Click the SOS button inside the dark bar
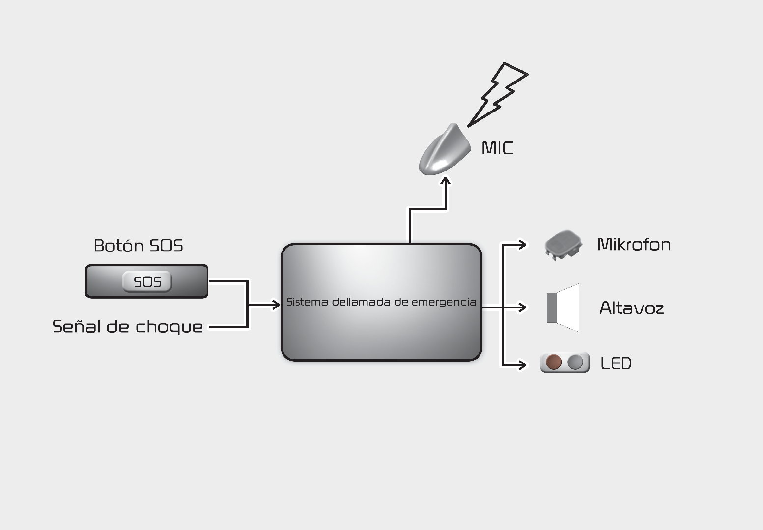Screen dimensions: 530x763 pyautogui.click(x=147, y=282)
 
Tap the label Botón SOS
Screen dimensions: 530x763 pyautogui.click(x=138, y=246)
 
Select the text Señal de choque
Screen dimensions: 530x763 pyautogui.click(x=127, y=327)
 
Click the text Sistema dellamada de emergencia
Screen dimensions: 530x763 pyautogui.click(x=381, y=302)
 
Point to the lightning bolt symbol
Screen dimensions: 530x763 pyautogui.click(x=498, y=93)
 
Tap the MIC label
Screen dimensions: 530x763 pyautogui.click(x=497, y=148)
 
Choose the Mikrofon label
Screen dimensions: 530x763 pyautogui.click(x=634, y=244)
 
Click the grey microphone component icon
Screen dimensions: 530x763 pyautogui.click(x=563, y=244)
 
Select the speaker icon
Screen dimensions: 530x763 pyautogui.click(x=563, y=308)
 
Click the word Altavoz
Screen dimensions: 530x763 pyautogui.click(x=631, y=308)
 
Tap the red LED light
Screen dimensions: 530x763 pyautogui.click(x=554, y=363)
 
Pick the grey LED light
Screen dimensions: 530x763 pyautogui.click(x=575, y=363)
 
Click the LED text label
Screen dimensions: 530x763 pyautogui.click(x=616, y=363)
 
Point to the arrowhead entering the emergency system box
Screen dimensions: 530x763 pyautogui.click(x=276, y=305)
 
